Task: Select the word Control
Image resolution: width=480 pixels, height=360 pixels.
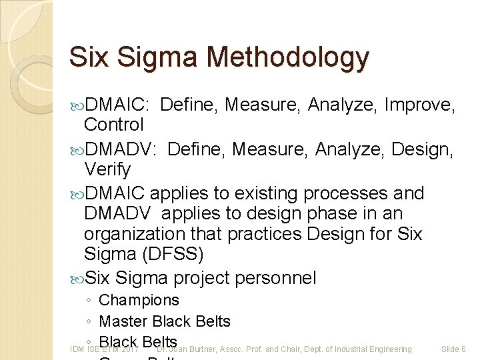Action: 113,125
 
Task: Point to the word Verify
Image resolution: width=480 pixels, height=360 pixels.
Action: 107,169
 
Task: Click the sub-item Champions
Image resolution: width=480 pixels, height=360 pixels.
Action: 139,301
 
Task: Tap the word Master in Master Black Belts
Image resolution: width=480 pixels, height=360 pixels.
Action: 123,321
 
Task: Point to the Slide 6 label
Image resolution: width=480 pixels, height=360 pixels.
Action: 453,349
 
